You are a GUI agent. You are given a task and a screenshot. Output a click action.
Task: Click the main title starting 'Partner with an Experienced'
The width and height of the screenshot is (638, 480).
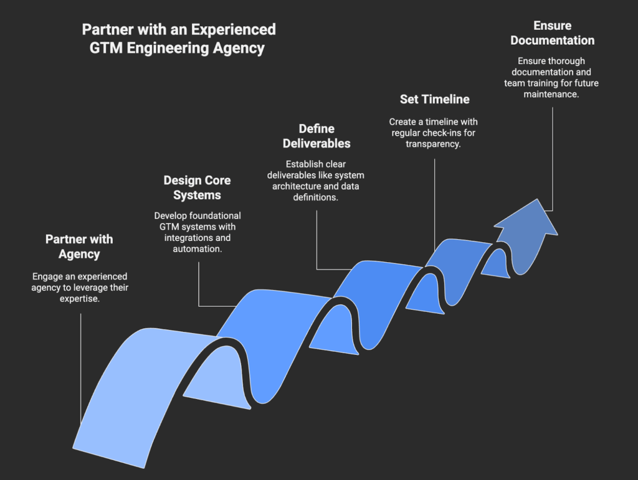tap(179, 39)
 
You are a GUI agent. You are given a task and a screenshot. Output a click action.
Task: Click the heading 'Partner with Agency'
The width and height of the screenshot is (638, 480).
tap(79, 247)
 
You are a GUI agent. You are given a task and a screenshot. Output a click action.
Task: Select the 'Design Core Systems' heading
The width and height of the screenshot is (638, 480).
tap(197, 187)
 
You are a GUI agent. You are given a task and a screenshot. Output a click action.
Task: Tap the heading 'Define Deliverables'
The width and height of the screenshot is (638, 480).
tap(317, 136)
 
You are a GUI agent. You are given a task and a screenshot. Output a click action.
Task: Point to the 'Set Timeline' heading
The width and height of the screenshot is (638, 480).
tap(434, 99)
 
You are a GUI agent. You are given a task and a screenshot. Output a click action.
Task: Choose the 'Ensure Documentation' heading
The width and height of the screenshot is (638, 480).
tap(552, 33)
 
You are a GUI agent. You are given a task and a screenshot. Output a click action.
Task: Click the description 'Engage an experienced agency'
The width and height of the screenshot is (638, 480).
tap(79, 287)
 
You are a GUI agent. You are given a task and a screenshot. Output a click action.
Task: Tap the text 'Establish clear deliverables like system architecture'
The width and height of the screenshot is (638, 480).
tap(317, 181)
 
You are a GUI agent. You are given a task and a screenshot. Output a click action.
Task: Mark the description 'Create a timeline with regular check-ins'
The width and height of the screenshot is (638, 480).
tap(434, 132)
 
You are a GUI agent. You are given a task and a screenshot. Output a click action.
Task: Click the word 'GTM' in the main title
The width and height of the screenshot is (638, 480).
tap(107, 48)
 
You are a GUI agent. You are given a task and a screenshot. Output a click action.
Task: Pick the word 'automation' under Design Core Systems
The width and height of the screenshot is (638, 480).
tap(197, 249)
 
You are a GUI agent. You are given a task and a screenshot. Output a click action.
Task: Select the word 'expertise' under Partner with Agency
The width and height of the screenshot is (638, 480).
tap(79, 298)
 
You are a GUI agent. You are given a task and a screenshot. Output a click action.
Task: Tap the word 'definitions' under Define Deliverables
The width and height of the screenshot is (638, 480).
tap(317, 197)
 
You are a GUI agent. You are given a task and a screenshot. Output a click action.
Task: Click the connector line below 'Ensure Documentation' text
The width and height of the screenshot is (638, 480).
tap(553, 156)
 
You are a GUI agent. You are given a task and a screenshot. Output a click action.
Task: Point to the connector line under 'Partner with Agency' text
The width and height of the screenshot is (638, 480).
tap(81, 367)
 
